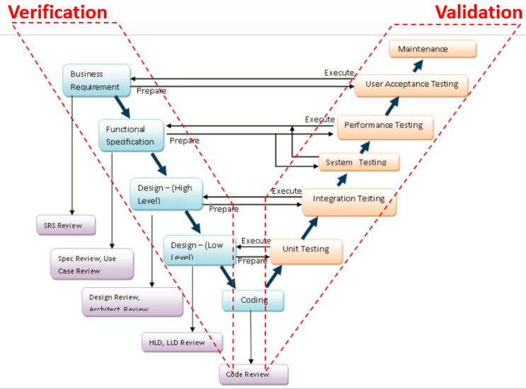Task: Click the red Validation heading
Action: (478, 12)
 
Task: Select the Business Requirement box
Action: (96, 80)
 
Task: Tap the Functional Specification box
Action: (131, 135)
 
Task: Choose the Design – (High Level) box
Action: (166, 194)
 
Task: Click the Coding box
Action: (253, 301)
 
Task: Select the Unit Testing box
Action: (306, 250)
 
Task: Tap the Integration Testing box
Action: (348, 200)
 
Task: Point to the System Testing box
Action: (359, 162)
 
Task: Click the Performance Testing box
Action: (383, 126)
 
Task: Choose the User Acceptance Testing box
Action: (411, 84)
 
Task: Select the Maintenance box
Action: (433, 50)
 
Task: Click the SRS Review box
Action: (64, 226)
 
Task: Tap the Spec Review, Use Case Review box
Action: (92, 265)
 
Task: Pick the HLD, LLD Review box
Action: (181, 342)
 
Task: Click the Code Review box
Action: (253, 374)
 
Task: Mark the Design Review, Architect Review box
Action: (132, 302)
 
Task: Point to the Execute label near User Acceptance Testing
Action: (339, 73)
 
